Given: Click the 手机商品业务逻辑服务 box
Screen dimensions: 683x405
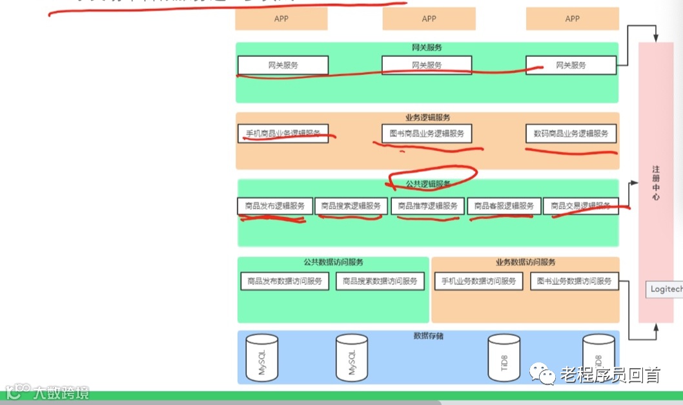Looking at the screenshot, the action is pos(283,134).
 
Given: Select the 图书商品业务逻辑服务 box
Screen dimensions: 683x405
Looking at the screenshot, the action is pos(427,134).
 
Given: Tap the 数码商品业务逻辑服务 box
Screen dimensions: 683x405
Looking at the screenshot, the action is pos(571,134).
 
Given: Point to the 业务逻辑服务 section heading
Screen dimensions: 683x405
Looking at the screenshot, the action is pos(427,118).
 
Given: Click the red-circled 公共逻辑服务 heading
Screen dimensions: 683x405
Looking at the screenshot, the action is pos(429,184).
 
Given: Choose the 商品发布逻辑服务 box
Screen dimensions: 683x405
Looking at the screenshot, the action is pos(275,206).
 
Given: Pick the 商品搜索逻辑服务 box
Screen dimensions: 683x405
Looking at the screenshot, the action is pos(351,206).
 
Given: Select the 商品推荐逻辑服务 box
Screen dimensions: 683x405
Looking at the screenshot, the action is pos(427,206).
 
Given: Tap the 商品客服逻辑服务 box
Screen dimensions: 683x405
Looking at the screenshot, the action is pos(504,206).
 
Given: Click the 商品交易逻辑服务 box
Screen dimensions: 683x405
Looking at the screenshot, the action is pos(580,206).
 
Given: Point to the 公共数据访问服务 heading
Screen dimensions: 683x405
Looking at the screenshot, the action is pos(333,262).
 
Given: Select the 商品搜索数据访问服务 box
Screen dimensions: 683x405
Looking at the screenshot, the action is pos(380,281).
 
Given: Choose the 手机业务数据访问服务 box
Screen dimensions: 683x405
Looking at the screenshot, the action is pos(478,281).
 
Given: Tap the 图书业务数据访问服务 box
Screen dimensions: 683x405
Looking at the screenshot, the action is pos(574,281).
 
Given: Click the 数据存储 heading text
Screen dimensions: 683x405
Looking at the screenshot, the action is pos(428,336).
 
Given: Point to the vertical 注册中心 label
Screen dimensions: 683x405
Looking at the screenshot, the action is pos(656,183).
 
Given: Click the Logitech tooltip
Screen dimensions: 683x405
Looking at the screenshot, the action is pos(665,289).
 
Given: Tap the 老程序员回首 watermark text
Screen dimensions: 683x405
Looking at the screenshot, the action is pos(610,375).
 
